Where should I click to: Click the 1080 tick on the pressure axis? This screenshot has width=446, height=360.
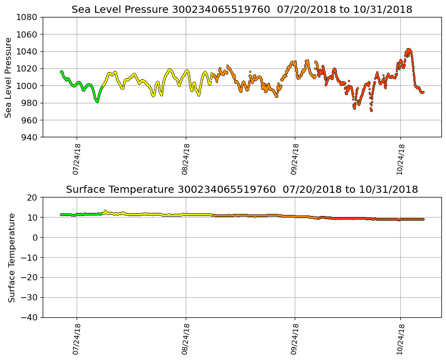pyautogui.click(x=26, y=17)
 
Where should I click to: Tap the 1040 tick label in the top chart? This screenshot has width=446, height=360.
pyautogui.click(x=26, y=51)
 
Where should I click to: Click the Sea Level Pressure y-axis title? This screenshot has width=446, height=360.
pyautogui.click(x=9, y=77)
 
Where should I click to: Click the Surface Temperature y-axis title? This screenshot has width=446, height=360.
pyautogui.click(x=11, y=257)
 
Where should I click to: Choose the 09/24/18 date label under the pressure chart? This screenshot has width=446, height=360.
pyautogui.click(x=294, y=159)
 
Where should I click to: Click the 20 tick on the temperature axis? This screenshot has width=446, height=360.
pyautogui.click(x=33, y=197)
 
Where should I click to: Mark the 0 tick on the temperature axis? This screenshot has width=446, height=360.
pyautogui.click(x=35, y=238)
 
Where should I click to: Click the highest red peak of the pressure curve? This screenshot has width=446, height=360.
pyautogui.click(x=408, y=49)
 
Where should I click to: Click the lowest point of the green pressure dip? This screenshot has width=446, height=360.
pyautogui.click(x=97, y=101)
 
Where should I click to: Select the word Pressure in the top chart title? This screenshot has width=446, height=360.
pyautogui.click(x=140, y=10)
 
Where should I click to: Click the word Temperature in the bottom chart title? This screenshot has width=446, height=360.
pyautogui.click(x=146, y=190)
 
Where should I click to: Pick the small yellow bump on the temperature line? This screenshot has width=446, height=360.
pyautogui.click(x=105, y=211)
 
